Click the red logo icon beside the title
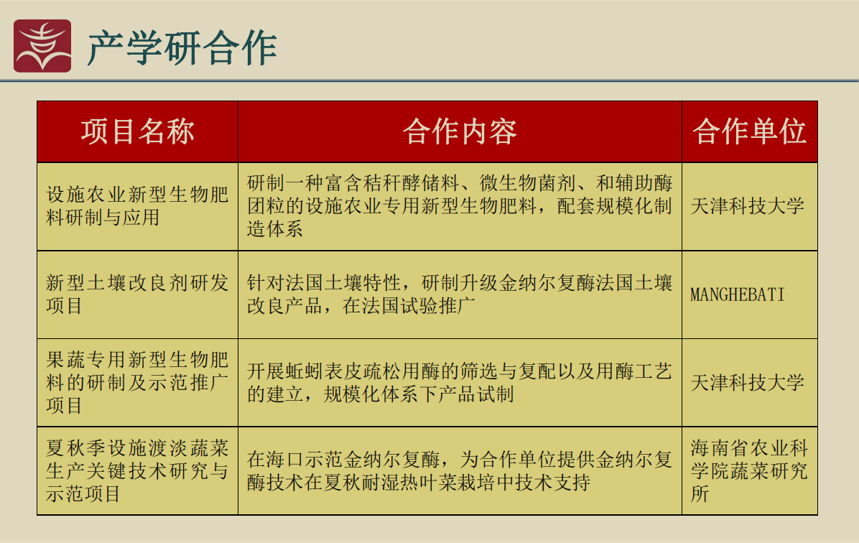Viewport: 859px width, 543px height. coord(42,46)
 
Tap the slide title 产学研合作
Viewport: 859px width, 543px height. coord(182,48)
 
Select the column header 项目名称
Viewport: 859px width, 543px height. coord(137,131)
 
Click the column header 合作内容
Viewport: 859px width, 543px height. coord(460,131)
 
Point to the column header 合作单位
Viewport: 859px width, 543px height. coord(749,131)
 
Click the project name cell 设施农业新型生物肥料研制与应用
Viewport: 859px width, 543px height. coord(137,206)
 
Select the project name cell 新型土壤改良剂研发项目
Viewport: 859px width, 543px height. coord(137,294)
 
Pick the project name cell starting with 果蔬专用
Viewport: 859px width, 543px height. coord(137,382)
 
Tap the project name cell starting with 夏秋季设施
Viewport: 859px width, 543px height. coord(137,470)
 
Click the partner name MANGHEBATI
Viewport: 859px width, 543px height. coord(738,294)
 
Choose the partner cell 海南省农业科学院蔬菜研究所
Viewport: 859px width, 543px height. coord(749,470)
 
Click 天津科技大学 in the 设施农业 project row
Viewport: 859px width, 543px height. coord(747,206)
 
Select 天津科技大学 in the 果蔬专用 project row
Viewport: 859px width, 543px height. coord(747,382)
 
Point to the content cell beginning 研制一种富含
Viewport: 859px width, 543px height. coord(460,206)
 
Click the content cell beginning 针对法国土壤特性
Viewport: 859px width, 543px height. coord(460,294)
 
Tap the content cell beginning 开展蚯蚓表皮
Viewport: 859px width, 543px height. coord(460,382)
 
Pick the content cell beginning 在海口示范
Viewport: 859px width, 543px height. coord(460,470)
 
